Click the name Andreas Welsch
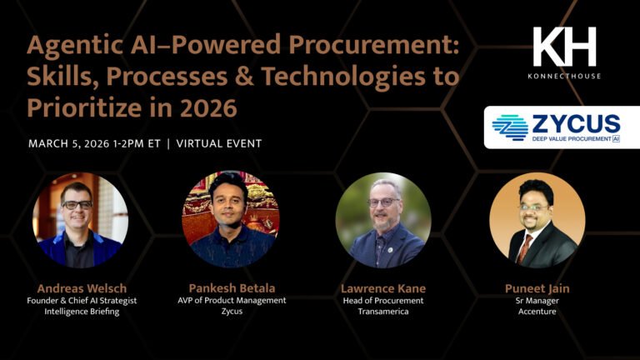[x=80, y=288]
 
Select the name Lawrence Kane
[x=382, y=288]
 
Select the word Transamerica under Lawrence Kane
[x=382, y=312]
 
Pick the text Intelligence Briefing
[x=80, y=312]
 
